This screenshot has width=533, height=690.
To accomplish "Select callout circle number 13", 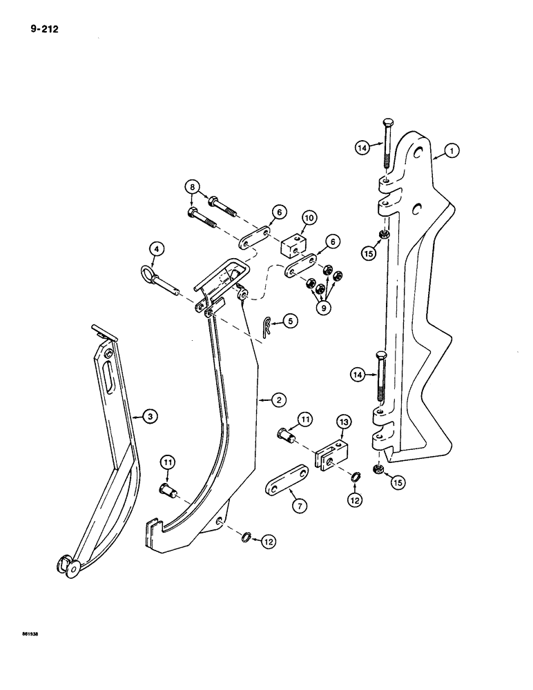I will (x=344, y=422).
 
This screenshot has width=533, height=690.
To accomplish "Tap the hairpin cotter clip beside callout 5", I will (x=267, y=327).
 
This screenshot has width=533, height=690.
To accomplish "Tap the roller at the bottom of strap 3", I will (x=66, y=566).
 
